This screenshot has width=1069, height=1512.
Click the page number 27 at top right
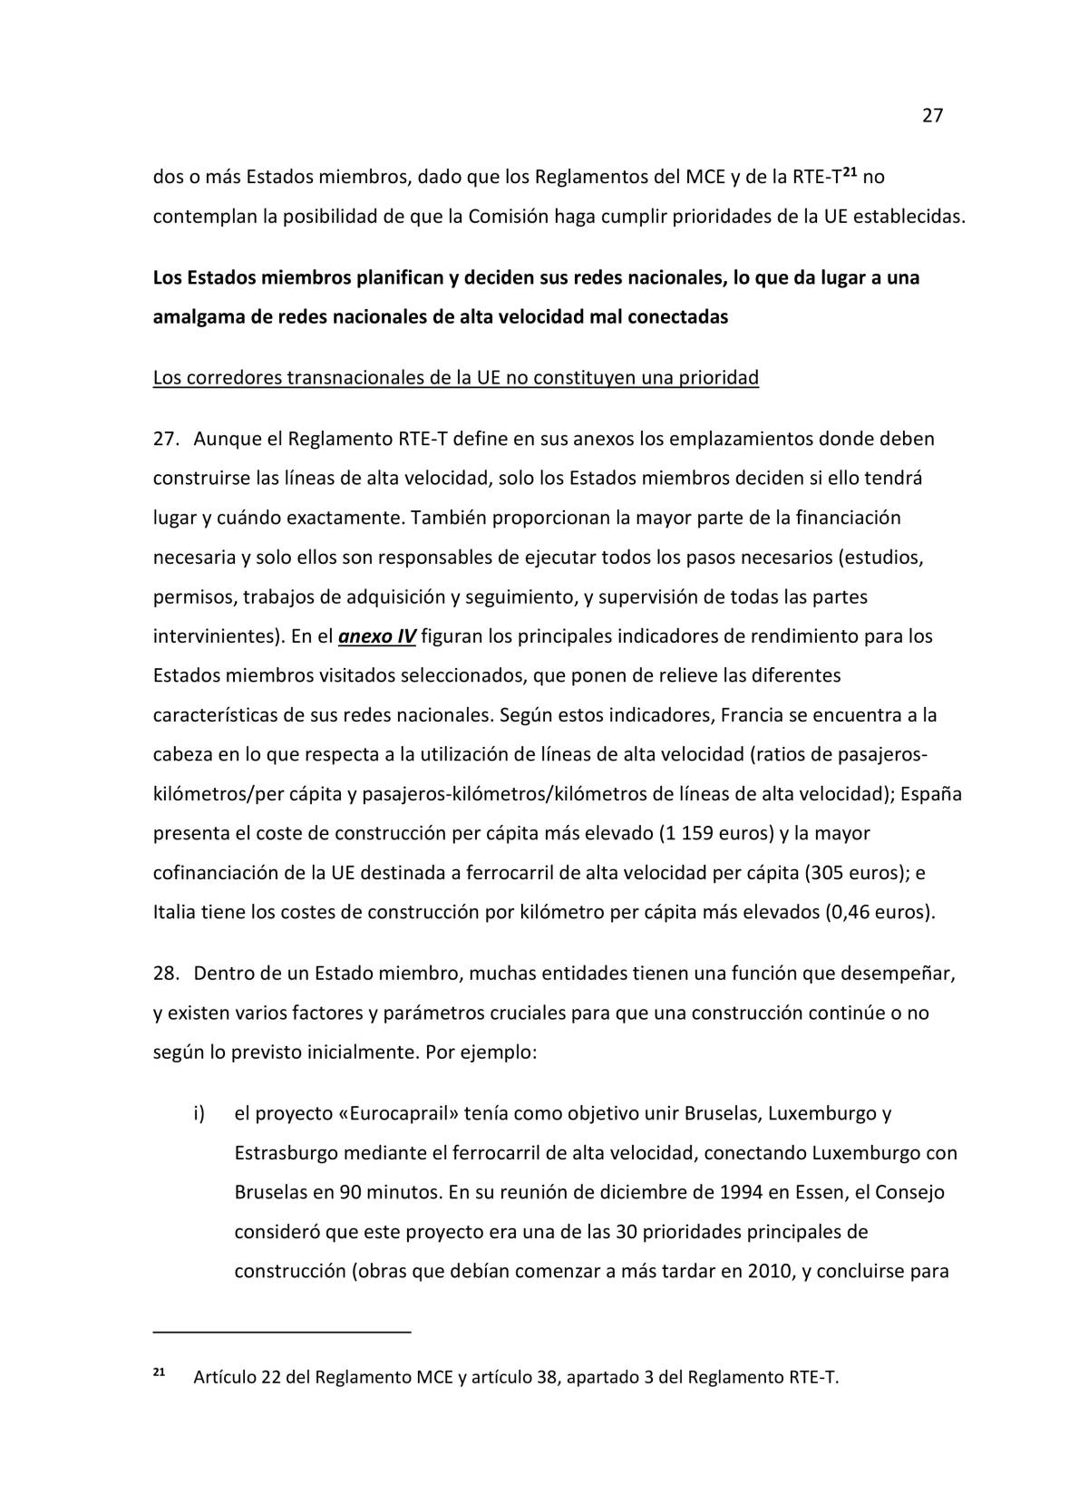coord(933,116)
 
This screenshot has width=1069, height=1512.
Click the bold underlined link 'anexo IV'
coord(376,636)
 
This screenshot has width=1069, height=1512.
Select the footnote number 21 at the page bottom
coord(158,1372)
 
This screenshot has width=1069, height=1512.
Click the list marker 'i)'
coord(199,1113)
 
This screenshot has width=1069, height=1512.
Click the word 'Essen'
coord(802,1192)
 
